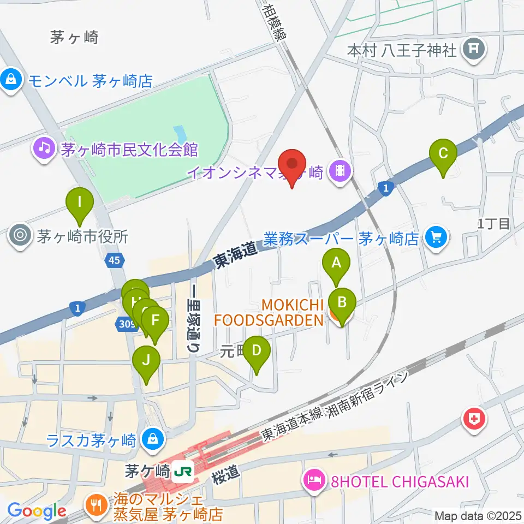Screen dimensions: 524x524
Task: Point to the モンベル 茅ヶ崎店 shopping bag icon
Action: point(11,81)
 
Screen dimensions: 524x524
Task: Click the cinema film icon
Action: point(341,173)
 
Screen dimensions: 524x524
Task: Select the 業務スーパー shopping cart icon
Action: point(436,237)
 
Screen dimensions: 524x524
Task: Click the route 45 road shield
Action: point(114,261)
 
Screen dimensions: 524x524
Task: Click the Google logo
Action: point(37,511)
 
